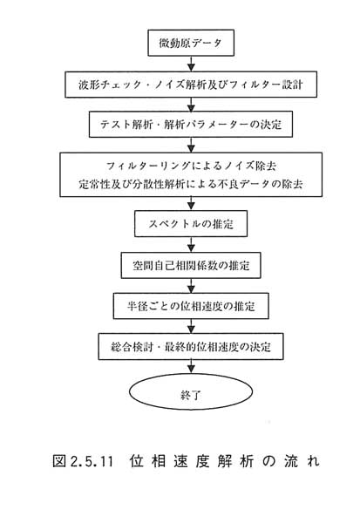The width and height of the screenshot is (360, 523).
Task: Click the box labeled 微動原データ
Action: coord(191,43)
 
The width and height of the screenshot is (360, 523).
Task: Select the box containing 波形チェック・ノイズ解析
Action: coord(191,85)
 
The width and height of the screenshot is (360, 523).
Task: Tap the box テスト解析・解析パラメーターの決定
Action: coord(191,125)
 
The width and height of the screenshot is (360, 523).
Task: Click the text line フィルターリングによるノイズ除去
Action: coord(191,166)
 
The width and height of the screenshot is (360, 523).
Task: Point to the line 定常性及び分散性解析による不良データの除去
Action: coord(191,184)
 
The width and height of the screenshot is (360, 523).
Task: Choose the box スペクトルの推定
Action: coord(191,223)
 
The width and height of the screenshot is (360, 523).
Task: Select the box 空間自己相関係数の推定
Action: coord(191,266)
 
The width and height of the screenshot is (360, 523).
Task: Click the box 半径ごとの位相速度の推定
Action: coord(191,306)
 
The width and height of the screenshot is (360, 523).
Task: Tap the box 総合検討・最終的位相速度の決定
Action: coord(191,347)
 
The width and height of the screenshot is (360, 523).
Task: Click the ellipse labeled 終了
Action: coord(191,391)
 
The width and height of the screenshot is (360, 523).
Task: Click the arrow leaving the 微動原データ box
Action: coord(191,64)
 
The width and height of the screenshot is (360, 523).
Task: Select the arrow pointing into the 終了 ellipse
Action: coord(191,367)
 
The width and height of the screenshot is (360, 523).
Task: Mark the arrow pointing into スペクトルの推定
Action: coord(191,203)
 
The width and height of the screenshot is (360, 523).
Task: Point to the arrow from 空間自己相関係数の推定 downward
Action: coord(191,286)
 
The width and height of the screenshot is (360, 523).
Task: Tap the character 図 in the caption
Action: coord(59,461)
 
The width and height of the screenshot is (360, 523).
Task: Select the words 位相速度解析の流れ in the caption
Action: coord(225,461)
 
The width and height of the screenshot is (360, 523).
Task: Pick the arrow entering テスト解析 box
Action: coord(191,105)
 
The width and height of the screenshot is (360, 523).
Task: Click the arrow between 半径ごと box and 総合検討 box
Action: coord(191,326)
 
